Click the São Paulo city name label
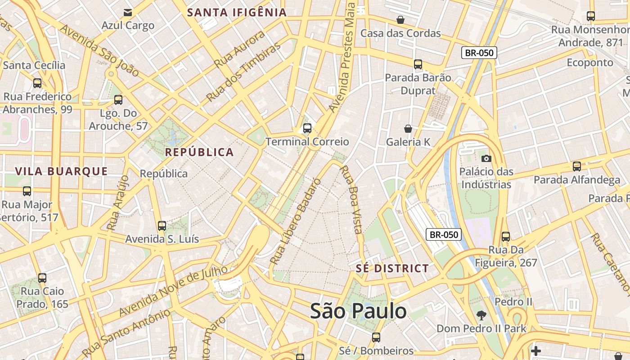[x=358, y=311]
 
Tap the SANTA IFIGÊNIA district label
[x=237, y=13]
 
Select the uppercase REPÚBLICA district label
[x=199, y=152]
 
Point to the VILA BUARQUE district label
[x=62, y=171]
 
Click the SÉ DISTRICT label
[x=392, y=269]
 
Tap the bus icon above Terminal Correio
[x=307, y=128]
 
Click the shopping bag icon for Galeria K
[x=408, y=129]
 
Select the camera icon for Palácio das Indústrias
[x=486, y=158]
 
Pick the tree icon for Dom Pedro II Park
[x=481, y=315]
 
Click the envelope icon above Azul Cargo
[x=128, y=12]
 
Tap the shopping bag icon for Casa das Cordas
[x=400, y=20]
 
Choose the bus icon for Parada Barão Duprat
[x=418, y=64]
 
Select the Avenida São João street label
[x=99, y=50]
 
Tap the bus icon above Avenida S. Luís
[x=162, y=225]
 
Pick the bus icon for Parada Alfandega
[x=577, y=166]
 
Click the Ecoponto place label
[x=590, y=62]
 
